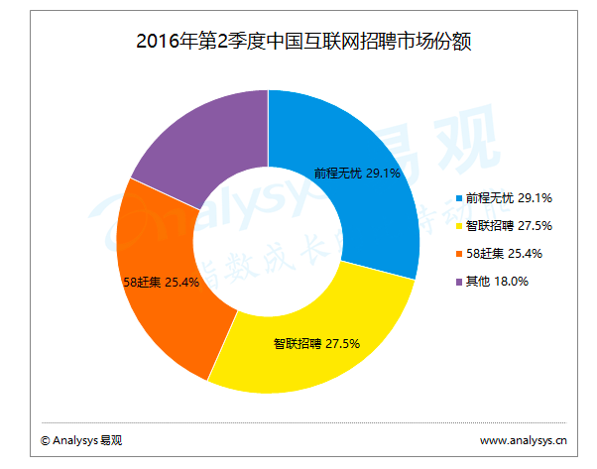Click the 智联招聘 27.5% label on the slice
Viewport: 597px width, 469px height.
point(315,344)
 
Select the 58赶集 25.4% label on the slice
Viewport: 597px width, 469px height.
point(161,282)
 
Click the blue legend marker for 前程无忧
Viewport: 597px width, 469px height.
point(458,198)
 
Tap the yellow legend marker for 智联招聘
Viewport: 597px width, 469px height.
point(458,226)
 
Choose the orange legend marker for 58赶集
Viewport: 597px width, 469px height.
point(458,254)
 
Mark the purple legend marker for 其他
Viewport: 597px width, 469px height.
point(458,282)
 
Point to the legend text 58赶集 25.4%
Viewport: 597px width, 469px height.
point(505,254)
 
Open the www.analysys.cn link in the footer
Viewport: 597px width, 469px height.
point(523,439)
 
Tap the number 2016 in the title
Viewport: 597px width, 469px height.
point(155,43)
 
